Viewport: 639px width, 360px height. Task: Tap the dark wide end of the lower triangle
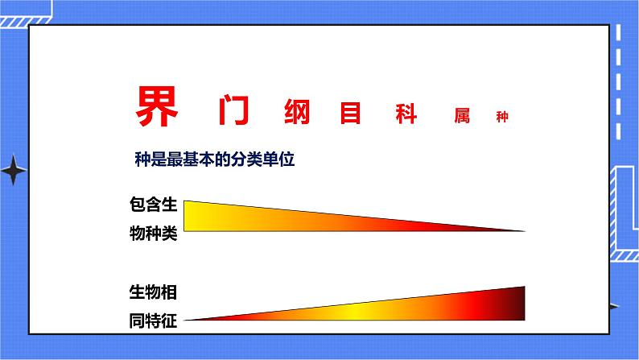click(517, 303)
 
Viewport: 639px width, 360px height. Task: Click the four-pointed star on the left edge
click(14, 171)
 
